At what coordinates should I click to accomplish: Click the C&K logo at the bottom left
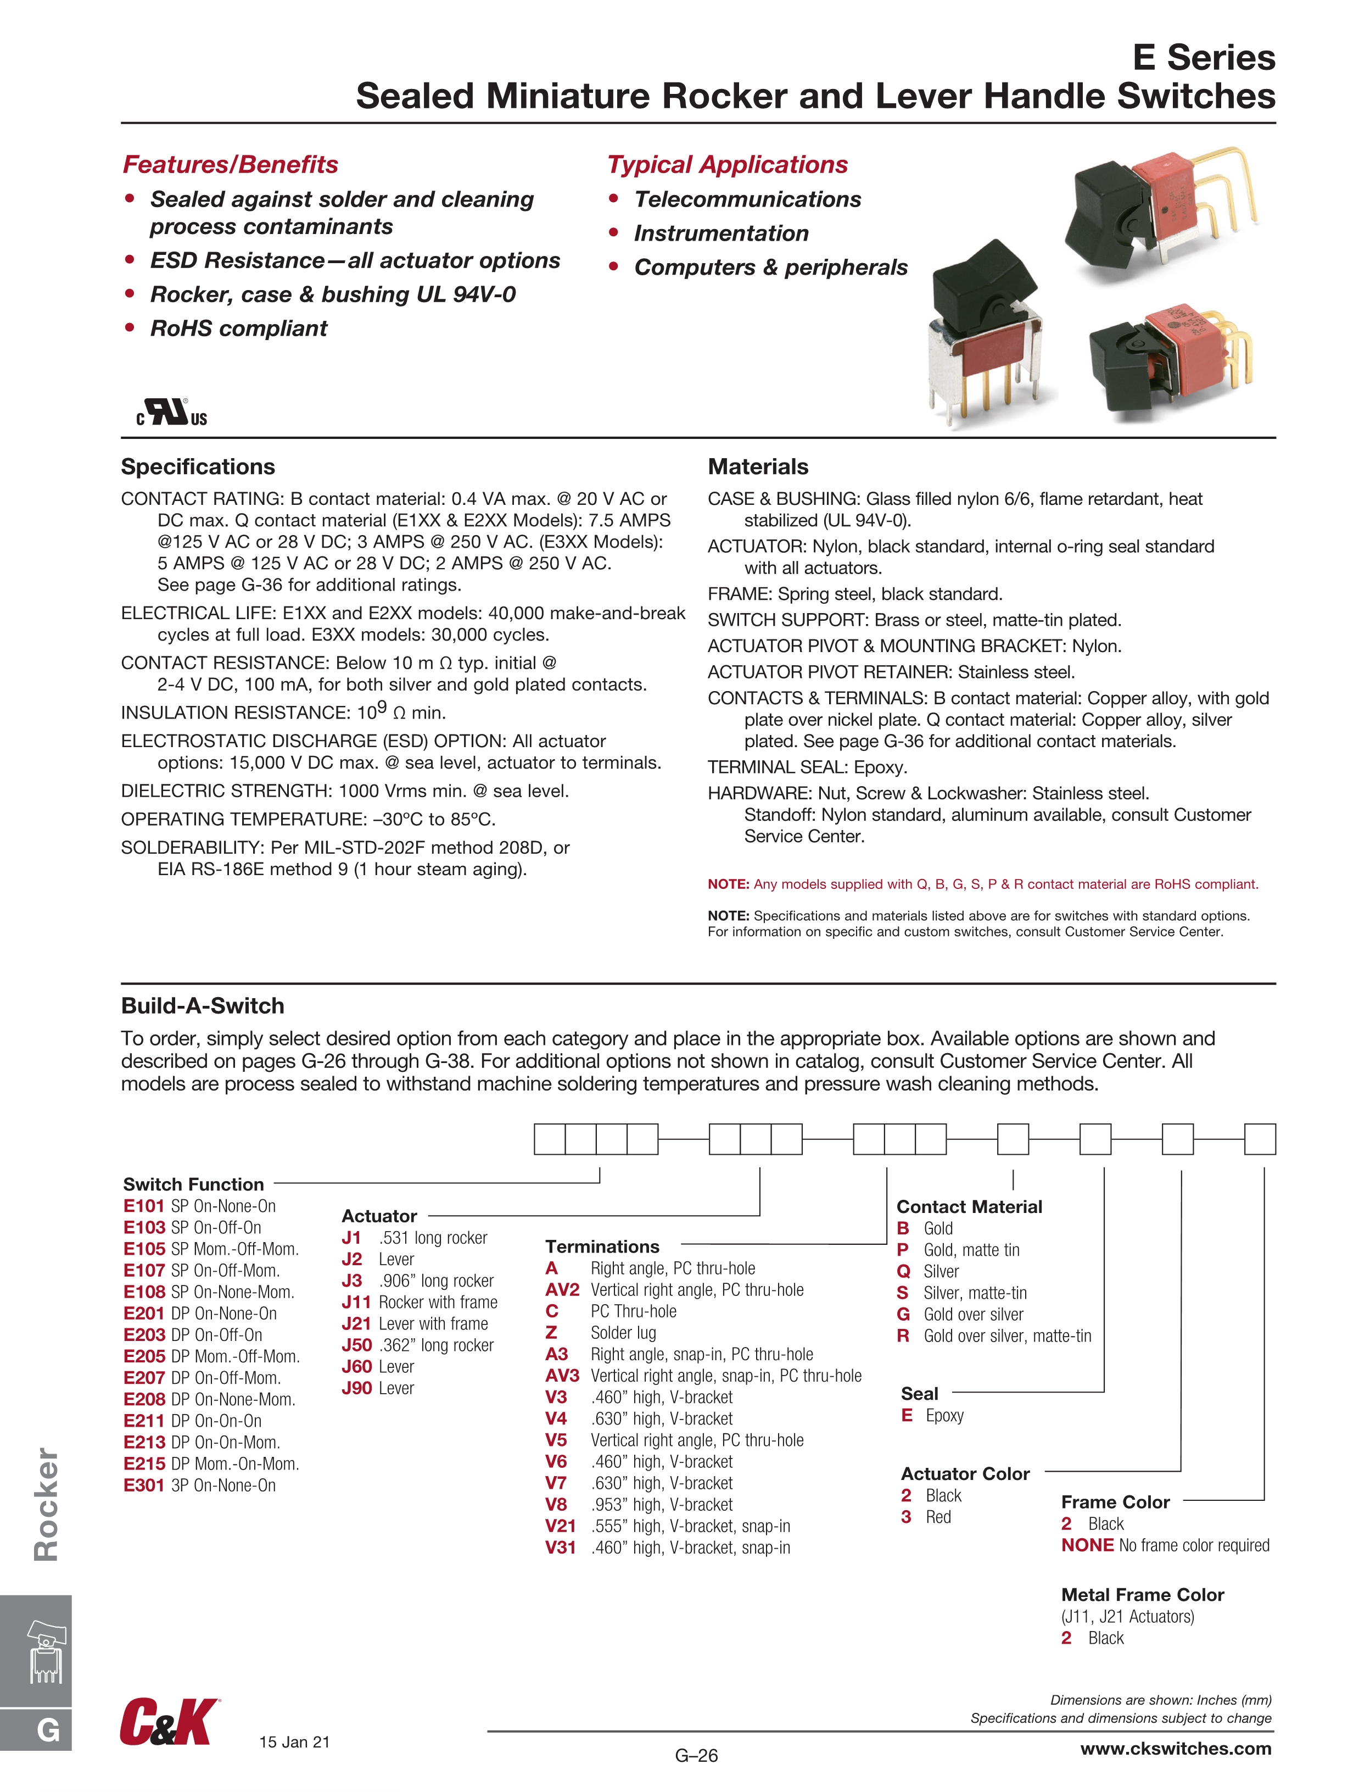(169, 1722)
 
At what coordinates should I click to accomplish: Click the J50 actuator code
(356, 1345)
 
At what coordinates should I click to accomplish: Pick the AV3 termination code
(562, 1376)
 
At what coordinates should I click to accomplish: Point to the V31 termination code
(561, 1548)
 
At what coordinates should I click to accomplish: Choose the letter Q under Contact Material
(904, 1271)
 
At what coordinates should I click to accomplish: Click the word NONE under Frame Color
(1087, 1545)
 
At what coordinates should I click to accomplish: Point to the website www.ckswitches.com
(1175, 1748)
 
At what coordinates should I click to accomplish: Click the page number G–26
(696, 1756)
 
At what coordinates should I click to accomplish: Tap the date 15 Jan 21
(294, 1742)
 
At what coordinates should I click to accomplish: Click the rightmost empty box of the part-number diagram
(1260, 1138)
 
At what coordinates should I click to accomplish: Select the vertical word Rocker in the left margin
(46, 1504)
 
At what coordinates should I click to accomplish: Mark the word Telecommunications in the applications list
(747, 199)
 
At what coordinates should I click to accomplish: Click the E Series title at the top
(1204, 58)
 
